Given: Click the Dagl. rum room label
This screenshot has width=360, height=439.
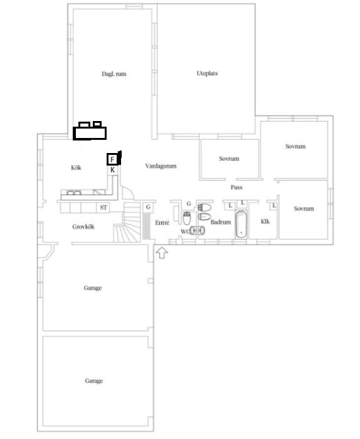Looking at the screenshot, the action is pyautogui.click(x=114, y=74).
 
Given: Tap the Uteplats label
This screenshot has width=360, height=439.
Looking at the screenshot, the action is pyautogui.click(x=207, y=73).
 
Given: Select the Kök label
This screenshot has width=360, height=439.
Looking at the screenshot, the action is pyautogui.click(x=76, y=167).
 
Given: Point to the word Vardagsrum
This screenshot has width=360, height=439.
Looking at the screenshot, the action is pyautogui.click(x=161, y=166).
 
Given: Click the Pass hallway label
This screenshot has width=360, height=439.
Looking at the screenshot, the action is pyautogui.click(x=236, y=188).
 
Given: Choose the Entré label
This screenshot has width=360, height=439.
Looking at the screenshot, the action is pyautogui.click(x=162, y=223).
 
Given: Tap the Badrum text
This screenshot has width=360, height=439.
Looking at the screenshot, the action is pyautogui.click(x=221, y=222).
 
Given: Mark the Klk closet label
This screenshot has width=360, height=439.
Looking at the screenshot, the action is pyautogui.click(x=265, y=222).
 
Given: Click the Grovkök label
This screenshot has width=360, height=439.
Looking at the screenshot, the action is pyautogui.click(x=83, y=227).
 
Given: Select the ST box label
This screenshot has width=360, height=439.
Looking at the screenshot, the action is pyautogui.click(x=103, y=208).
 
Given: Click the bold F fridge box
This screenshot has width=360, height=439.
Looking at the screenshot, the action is pyautogui.click(x=112, y=159).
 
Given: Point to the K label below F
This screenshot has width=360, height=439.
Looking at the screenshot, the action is pyautogui.click(x=112, y=170).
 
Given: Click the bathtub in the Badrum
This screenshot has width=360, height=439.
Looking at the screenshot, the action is pyautogui.click(x=241, y=225).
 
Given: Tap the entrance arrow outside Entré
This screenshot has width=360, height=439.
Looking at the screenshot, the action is pyautogui.click(x=162, y=253).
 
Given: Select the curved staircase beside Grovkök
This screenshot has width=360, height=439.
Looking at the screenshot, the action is pyautogui.click(x=127, y=223).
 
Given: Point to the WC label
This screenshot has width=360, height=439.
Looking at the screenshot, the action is pyautogui.click(x=185, y=232).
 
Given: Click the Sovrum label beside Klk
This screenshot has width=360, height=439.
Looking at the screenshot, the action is pyautogui.click(x=304, y=209).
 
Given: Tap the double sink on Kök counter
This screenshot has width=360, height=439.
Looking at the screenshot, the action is pyautogui.click(x=74, y=193).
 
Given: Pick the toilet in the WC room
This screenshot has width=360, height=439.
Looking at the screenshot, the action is pyautogui.click(x=187, y=218).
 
